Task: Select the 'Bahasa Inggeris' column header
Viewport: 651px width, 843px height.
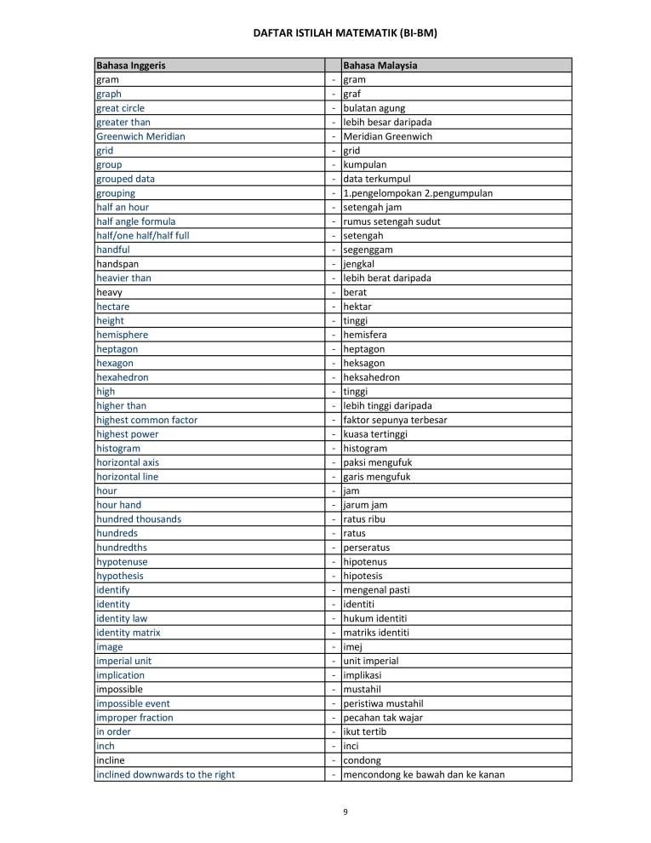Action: coord(131,66)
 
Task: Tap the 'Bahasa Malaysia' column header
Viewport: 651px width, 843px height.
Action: coord(380,66)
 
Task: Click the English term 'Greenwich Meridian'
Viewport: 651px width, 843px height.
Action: coord(140,136)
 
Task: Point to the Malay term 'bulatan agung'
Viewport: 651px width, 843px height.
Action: coord(374,108)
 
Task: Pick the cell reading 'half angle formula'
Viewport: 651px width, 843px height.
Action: coord(136,221)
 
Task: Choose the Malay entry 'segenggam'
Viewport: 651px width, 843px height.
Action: coord(368,249)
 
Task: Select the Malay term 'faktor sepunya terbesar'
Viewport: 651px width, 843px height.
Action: coord(395,420)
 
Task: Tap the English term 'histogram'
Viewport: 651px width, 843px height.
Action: coord(118,448)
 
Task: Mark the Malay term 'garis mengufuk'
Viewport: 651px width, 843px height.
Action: coord(378,477)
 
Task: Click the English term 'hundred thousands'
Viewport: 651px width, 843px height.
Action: coord(139,519)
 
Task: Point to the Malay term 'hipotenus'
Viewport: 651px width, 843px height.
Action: coord(367,561)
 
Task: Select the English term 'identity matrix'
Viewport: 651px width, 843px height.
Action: coord(128,633)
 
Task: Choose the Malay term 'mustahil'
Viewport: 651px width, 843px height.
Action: coord(363,689)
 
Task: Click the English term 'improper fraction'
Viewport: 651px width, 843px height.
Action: coord(134,717)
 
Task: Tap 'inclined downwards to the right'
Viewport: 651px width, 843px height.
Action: coord(165,774)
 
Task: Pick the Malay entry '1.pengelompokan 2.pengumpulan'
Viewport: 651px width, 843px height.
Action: coord(417,193)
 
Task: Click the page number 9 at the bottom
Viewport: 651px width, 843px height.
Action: coord(345,811)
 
